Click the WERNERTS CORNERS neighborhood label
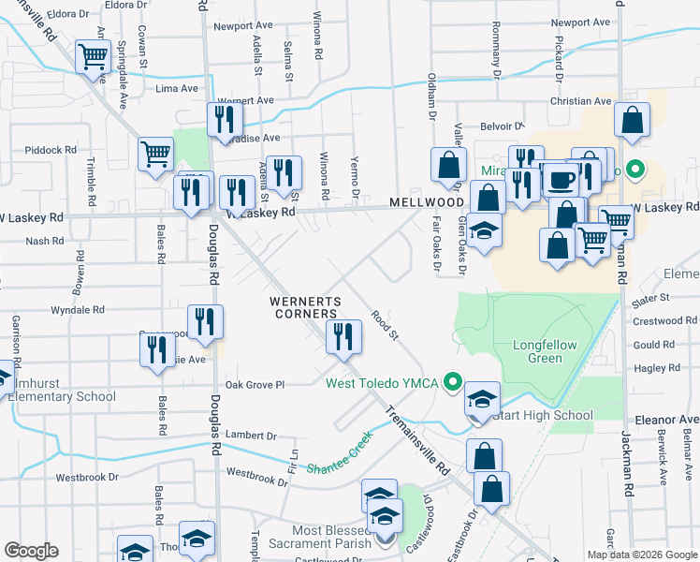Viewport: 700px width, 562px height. [x=303, y=307]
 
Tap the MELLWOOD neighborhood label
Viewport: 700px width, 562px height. [x=429, y=202]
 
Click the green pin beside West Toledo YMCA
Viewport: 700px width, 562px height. [x=454, y=381]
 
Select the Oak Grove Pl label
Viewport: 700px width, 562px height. [x=254, y=384]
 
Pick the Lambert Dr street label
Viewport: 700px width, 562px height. [x=252, y=436]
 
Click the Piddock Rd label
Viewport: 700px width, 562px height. [x=51, y=150]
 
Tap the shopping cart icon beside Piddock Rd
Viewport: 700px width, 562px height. [x=155, y=153]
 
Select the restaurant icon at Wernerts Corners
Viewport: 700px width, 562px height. [x=343, y=335]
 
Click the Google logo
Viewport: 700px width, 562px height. [x=31, y=551]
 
